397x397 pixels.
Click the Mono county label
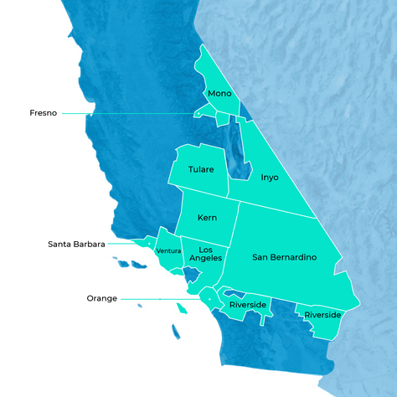(219, 93)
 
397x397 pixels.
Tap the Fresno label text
(43, 113)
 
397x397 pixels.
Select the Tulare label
(201, 169)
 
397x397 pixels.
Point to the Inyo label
(269, 178)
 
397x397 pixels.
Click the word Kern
(207, 218)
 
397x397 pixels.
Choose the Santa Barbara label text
(76, 245)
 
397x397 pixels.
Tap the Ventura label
(168, 251)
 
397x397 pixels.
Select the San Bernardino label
(284, 256)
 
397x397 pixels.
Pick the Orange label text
(101, 298)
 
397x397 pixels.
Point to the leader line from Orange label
(159, 298)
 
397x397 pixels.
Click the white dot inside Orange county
(208, 299)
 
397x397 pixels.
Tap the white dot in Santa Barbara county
(149, 245)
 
